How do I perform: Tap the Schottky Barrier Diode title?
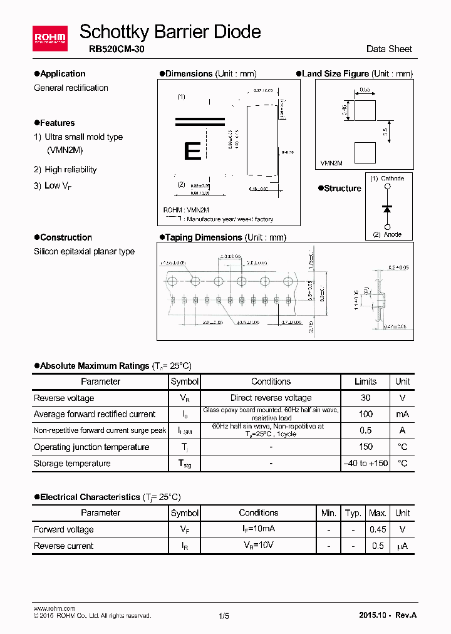coord(170,31)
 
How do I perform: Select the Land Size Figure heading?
coord(335,74)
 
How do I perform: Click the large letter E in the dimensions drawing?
coord(193,151)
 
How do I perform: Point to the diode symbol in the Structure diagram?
coord(387,207)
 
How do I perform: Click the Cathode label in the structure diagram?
coord(392,179)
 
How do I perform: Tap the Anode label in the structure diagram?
coord(392,234)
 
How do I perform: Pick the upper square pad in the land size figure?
coord(365,110)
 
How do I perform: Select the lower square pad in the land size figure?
coord(365,153)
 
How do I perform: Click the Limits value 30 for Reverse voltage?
coord(366,398)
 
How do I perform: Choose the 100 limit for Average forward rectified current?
coord(366,414)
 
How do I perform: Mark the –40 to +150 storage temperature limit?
coord(366,464)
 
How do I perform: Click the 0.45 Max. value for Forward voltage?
coord(378,529)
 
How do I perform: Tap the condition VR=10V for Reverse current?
coord(258,546)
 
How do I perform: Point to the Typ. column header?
coord(353,513)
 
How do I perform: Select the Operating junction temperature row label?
coord(91,447)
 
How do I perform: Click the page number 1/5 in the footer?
coord(224,616)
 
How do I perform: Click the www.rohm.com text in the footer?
coord(54,608)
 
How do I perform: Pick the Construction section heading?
coord(66,237)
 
